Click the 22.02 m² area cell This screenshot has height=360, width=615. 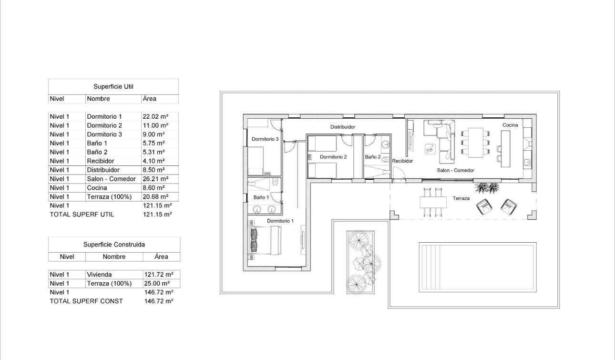coord(154,116)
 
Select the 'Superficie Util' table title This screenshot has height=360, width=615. coord(113,87)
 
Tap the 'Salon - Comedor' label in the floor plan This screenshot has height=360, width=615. coord(455,170)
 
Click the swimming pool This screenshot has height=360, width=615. coord(477,267)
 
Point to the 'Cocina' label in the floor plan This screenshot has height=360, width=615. coord(510,125)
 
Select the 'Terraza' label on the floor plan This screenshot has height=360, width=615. coord(461,198)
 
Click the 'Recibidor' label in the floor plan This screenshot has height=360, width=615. coord(402,161)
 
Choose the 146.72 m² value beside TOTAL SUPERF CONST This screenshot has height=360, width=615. coord(158,301)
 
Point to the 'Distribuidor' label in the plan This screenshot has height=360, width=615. coord(343,127)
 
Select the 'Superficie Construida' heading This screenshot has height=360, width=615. coord(114,245)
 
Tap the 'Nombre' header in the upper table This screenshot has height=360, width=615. coord(98,99)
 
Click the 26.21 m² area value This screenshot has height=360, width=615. coord(154,179)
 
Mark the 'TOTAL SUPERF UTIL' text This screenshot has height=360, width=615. coord(82,215)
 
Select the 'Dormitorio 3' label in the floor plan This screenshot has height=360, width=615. coord(265,139)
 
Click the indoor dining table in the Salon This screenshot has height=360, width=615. coord(476,142)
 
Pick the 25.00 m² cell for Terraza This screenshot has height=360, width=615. coord(158,284)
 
